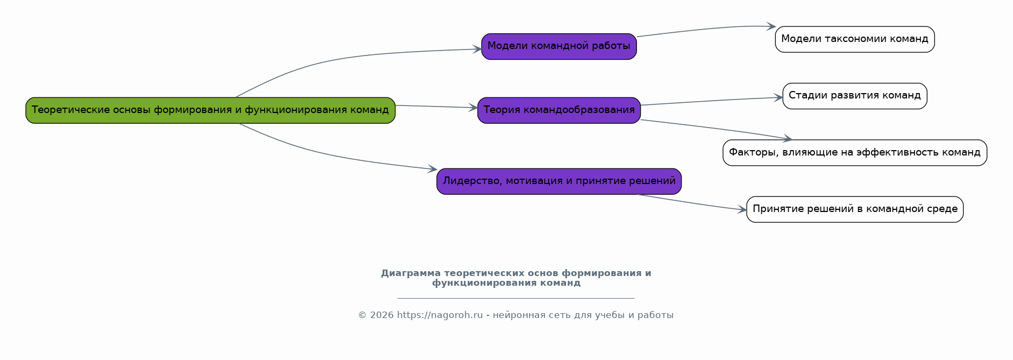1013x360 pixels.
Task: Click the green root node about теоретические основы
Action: tap(210, 110)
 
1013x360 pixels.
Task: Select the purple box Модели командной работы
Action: tap(559, 46)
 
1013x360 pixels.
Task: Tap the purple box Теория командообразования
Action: tap(559, 110)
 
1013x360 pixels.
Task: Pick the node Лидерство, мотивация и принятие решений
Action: tap(559, 181)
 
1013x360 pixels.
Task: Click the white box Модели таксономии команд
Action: tap(855, 39)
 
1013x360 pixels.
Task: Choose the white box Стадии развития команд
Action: tap(855, 96)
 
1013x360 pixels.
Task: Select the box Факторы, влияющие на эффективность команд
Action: tap(855, 153)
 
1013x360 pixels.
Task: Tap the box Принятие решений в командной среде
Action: tap(855, 209)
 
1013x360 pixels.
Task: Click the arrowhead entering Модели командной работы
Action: tap(477, 50)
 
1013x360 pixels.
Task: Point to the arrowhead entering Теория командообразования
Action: tap(473, 108)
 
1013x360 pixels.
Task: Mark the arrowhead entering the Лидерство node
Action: tap(432, 170)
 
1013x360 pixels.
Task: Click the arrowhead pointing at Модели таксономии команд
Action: tap(770, 26)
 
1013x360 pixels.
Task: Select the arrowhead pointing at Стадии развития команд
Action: tap(778, 97)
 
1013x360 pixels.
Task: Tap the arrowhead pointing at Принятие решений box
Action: tap(742, 210)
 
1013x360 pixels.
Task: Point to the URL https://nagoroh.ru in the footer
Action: tap(440, 315)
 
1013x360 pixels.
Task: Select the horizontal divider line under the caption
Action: tap(516, 298)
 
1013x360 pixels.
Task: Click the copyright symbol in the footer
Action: tap(363, 315)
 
